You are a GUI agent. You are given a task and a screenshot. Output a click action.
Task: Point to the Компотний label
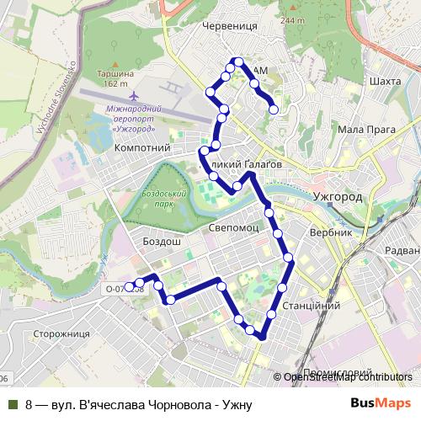pos(141,148)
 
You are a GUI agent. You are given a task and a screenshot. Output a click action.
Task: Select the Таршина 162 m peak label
pos(110,78)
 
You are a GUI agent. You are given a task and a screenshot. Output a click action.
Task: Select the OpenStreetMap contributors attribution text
pos(348,377)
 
